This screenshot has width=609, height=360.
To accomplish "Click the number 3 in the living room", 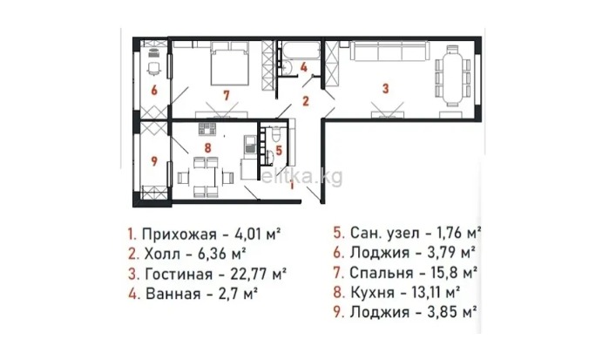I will coord(384,87).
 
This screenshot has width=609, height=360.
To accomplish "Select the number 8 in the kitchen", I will coord(207,148).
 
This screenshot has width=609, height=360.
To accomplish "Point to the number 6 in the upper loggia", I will coord(152,89).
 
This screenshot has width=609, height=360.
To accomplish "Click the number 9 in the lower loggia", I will coord(152,160).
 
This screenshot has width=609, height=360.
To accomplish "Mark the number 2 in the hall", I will coord(306,100).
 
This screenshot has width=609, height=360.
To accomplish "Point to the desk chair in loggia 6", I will coord(153,65).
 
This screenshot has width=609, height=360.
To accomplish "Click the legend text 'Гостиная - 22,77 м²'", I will coord(206,274).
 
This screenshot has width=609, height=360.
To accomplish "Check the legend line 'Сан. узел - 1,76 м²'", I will coord(408,234).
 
